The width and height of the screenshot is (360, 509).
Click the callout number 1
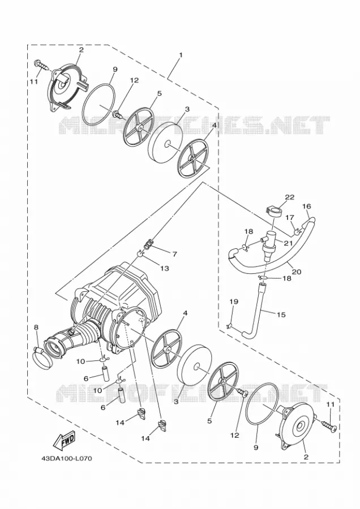pos(181,55)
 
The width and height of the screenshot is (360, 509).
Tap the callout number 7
pos(175,254)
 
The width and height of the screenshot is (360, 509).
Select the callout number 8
pos(36,327)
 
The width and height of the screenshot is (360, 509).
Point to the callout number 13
pos(165,268)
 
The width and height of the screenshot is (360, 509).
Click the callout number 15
pos(281,314)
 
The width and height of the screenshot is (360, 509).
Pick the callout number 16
pos(306,206)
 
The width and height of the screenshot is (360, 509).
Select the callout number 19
pos(234,302)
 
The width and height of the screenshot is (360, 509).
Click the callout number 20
pos(297,271)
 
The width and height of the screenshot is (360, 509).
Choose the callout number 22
pos(290,197)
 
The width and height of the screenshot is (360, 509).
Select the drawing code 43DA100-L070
pos(66,459)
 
